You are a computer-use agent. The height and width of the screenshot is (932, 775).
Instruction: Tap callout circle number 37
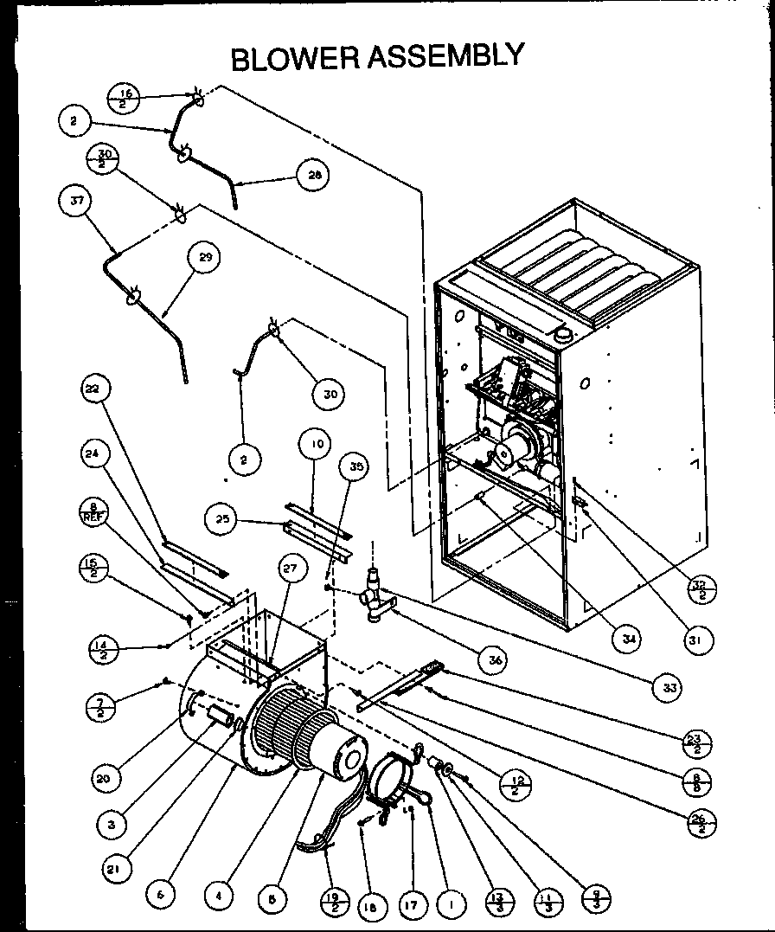pos(75,202)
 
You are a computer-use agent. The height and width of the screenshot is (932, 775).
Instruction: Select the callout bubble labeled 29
pos(204,257)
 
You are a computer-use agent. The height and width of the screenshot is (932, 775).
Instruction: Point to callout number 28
pos(312,174)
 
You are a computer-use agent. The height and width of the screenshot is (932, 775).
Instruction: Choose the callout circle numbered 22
pos(93,389)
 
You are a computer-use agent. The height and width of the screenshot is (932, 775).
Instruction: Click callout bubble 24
pos(93,453)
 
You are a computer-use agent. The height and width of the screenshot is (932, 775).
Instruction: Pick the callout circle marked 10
pos(317,445)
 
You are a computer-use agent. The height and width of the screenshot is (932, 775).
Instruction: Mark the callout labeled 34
pos(625,639)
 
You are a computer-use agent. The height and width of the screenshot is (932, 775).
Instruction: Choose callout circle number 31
pos(696,640)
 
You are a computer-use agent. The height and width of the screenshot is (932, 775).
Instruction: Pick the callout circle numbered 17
pos(413,905)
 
